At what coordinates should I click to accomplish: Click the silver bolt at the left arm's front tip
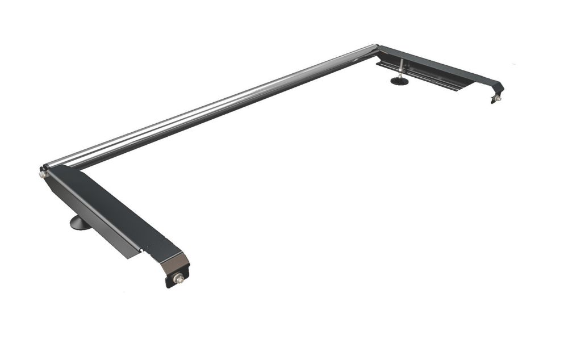179,278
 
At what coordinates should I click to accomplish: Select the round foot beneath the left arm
80,223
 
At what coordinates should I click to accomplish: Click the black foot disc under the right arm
399,81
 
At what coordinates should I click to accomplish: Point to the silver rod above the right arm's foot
402,68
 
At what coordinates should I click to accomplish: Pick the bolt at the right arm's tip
498,98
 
